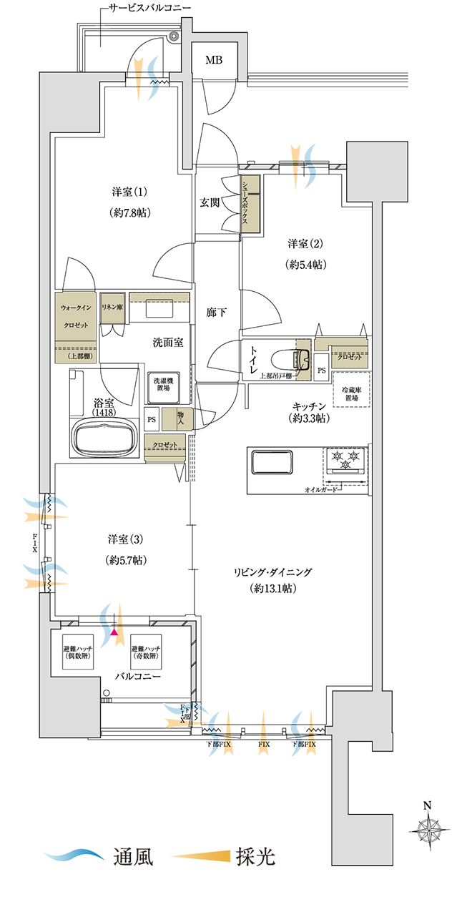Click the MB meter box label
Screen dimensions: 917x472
click(214, 59)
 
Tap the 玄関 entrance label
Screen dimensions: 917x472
click(210, 202)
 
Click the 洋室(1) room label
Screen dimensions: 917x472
click(129, 192)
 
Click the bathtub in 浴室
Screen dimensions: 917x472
click(105, 436)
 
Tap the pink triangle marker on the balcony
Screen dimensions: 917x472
click(114, 632)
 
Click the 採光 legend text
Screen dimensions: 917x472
click(255, 856)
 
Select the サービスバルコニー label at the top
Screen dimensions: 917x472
click(149, 11)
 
